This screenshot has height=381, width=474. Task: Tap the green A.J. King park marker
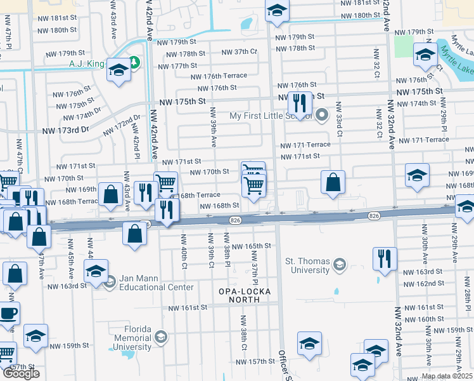point(134,62)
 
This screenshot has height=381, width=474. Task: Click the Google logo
point(21,373)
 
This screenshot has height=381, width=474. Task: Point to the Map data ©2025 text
point(447,376)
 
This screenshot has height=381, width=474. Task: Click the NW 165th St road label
point(251,246)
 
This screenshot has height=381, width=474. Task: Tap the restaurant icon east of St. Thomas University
point(385,258)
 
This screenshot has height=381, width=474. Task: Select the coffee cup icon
point(8,313)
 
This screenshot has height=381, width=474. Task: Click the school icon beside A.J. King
point(118,70)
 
